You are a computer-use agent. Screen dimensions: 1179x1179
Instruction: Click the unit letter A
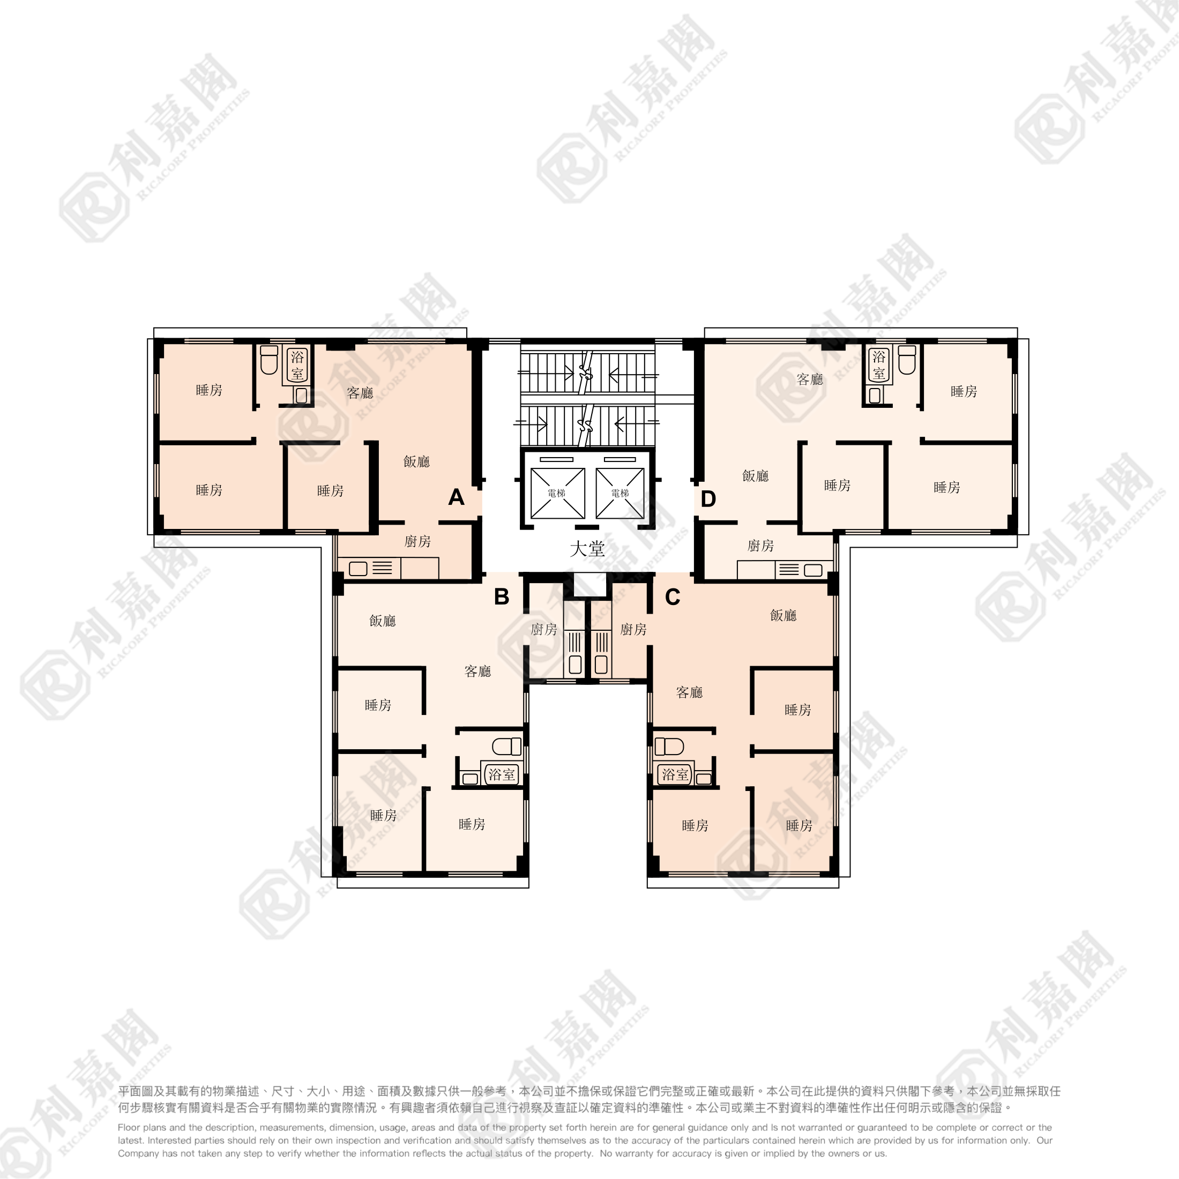point(456,497)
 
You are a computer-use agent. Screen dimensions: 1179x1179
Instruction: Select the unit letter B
point(502,596)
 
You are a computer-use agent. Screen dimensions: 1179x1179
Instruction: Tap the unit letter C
point(673,597)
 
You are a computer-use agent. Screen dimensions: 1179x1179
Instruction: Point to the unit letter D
point(708,499)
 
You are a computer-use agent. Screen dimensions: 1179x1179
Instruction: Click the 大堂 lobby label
point(587,549)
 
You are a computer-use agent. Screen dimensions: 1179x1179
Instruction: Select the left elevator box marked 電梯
point(557,493)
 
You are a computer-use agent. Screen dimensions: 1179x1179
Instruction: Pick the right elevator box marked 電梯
point(620,493)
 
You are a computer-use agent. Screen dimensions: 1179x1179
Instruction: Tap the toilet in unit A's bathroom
point(269,360)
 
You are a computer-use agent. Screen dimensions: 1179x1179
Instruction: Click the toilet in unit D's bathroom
point(907,360)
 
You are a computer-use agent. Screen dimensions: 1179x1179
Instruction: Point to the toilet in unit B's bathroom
point(506,747)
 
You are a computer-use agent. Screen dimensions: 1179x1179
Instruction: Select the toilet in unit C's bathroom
point(669,747)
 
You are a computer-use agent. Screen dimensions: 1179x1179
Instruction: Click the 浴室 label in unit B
point(502,774)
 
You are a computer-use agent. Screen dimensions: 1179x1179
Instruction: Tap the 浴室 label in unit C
point(675,774)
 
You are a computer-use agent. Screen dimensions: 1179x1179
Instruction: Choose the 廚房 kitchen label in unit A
point(417,541)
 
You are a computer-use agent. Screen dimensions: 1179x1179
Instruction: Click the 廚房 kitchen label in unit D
point(760,546)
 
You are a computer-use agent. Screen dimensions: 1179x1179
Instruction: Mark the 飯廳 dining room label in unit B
point(383,621)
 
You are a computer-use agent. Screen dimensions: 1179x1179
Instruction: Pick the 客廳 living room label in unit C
point(690,692)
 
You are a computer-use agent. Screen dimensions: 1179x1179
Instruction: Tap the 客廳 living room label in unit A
point(360,393)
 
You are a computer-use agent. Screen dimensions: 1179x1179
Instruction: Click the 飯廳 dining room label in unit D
point(756,476)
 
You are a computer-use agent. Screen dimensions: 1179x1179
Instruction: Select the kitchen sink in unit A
point(358,569)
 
